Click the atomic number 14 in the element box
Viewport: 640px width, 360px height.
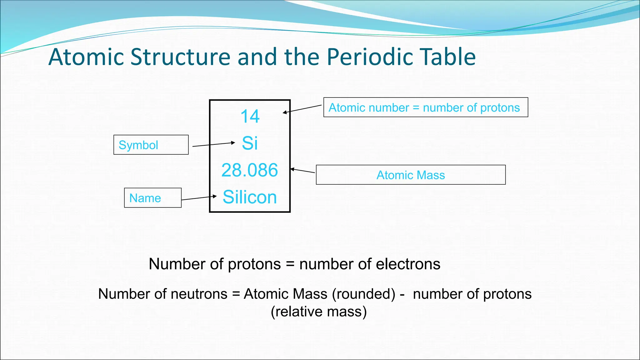[250, 116]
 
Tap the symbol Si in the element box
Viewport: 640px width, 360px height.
[250, 143]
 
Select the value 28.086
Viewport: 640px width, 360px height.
[249, 170]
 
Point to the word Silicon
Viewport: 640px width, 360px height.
[250, 197]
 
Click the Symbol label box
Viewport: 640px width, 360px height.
[151, 145]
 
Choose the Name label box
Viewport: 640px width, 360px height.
[152, 198]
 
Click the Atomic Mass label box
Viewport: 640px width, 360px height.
[411, 175]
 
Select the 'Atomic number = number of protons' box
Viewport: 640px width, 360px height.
[425, 107]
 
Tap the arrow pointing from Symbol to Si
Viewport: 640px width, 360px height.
[213, 144]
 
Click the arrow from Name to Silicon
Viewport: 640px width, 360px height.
[199, 198]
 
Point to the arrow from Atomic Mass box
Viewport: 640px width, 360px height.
[302, 171]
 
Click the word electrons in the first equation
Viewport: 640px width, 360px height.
[408, 264]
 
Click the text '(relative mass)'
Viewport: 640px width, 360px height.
[318, 312]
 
